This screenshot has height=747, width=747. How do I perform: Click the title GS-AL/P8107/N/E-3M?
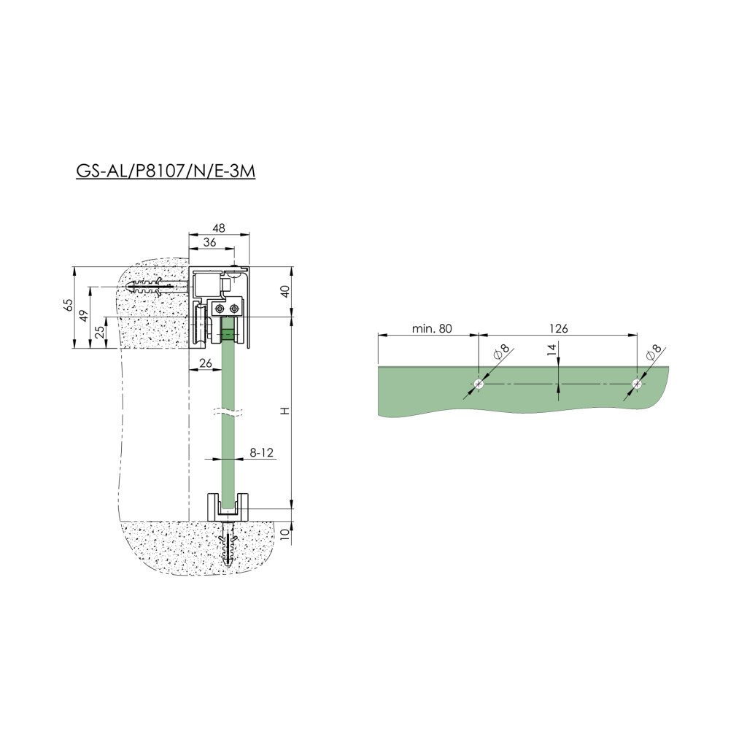tap(166, 171)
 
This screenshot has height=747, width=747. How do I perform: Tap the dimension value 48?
tap(219, 228)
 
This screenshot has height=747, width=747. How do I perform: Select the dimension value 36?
tap(209, 242)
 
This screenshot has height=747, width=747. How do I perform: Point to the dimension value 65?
tap(69, 305)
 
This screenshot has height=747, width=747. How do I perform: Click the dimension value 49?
tap(84, 315)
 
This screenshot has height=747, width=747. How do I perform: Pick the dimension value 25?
tap(100, 332)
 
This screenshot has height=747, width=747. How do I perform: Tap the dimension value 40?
tap(285, 291)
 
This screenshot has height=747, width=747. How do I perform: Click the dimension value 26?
tap(205, 363)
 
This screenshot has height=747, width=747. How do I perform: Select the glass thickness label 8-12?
tap(262, 452)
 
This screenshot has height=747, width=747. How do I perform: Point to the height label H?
tap(285, 411)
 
